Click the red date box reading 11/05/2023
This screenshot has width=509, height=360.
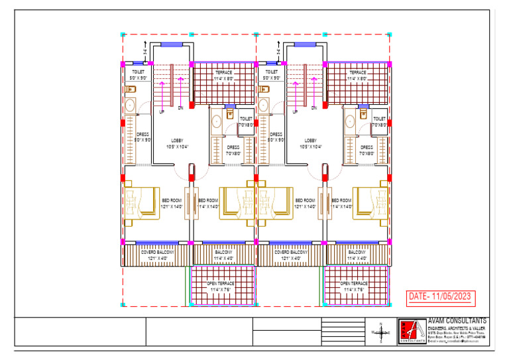[x=440, y=296]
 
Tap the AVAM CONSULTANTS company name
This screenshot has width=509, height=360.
[x=457, y=321]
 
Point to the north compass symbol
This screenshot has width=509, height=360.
[x=381, y=331]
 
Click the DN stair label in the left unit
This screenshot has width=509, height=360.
[x=180, y=107]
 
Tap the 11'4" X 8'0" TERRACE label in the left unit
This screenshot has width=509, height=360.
[x=223, y=76]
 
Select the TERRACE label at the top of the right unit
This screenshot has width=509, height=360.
[x=358, y=72]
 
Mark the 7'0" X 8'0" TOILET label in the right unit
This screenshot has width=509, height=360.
[x=380, y=122]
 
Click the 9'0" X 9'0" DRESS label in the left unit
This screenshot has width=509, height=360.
[x=143, y=137]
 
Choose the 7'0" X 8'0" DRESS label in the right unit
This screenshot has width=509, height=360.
[x=367, y=150]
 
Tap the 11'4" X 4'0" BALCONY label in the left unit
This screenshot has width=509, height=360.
[x=223, y=255]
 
